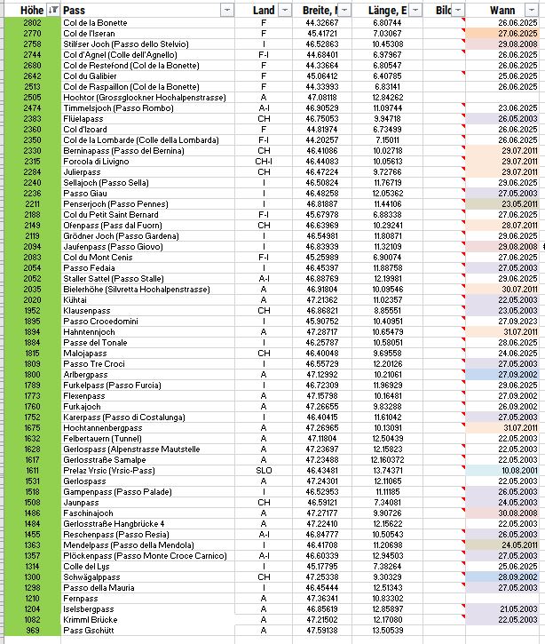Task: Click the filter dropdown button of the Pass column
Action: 228,10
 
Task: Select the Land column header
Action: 264,10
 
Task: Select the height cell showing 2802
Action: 32,23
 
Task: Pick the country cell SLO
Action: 264,470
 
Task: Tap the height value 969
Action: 32,630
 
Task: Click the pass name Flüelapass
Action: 84,118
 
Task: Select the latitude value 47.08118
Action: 320,97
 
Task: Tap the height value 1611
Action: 32,470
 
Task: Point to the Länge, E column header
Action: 386,10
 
